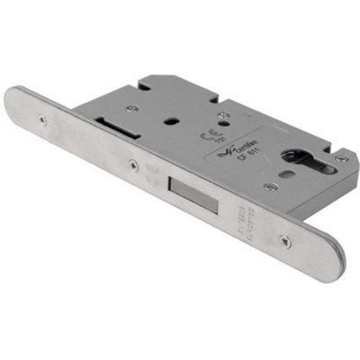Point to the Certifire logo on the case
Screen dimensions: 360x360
tap(236, 146)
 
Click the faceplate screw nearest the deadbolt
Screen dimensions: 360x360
tap(133, 165)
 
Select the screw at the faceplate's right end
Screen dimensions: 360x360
tap(285, 241)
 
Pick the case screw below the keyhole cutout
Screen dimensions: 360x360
tap(271, 187)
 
